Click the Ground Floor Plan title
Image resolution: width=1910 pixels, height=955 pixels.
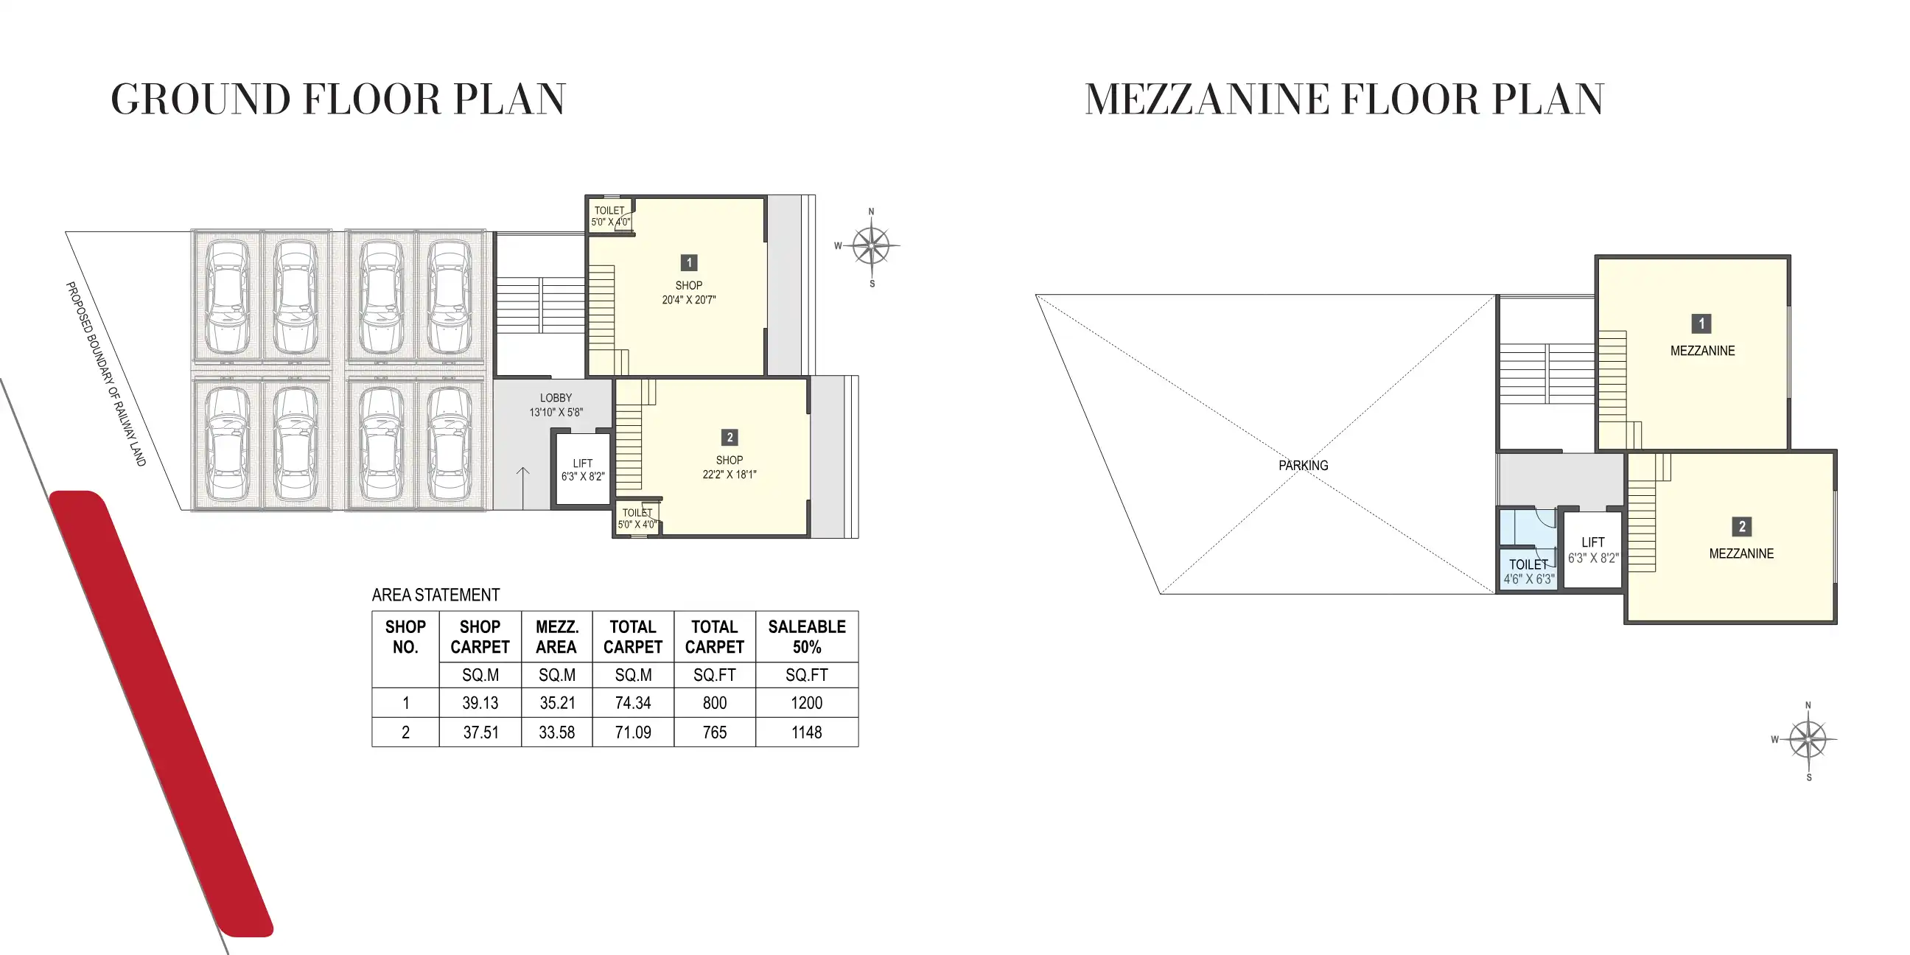[338, 99]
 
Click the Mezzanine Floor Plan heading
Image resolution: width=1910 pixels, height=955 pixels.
[1343, 99]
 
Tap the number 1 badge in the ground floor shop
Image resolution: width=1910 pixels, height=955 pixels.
[689, 262]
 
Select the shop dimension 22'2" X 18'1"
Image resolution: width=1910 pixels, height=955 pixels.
[729, 475]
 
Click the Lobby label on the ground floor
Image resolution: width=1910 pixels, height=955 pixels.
[556, 398]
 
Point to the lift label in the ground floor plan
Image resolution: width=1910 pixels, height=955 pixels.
[583, 463]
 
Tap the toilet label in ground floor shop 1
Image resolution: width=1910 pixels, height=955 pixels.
[609, 211]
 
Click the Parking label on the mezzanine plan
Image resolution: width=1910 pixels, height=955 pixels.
[1303, 466]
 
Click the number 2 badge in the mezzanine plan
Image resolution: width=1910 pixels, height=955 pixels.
[1742, 526]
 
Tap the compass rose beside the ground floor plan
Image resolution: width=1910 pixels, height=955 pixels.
[871, 246]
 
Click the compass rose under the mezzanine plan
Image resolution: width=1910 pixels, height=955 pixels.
[1808, 739]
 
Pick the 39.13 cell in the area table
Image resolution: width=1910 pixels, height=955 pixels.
[480, 703]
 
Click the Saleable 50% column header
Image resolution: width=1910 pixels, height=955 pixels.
[807, 637]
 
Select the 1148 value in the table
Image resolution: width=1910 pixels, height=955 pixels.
[807, 732]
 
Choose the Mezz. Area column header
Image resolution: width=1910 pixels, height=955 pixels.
[557, 637]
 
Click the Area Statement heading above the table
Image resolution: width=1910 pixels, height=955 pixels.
[436, 595]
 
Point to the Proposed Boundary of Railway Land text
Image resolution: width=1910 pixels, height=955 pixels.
[105, 374]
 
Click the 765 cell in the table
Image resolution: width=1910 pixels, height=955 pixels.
[715, 732]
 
